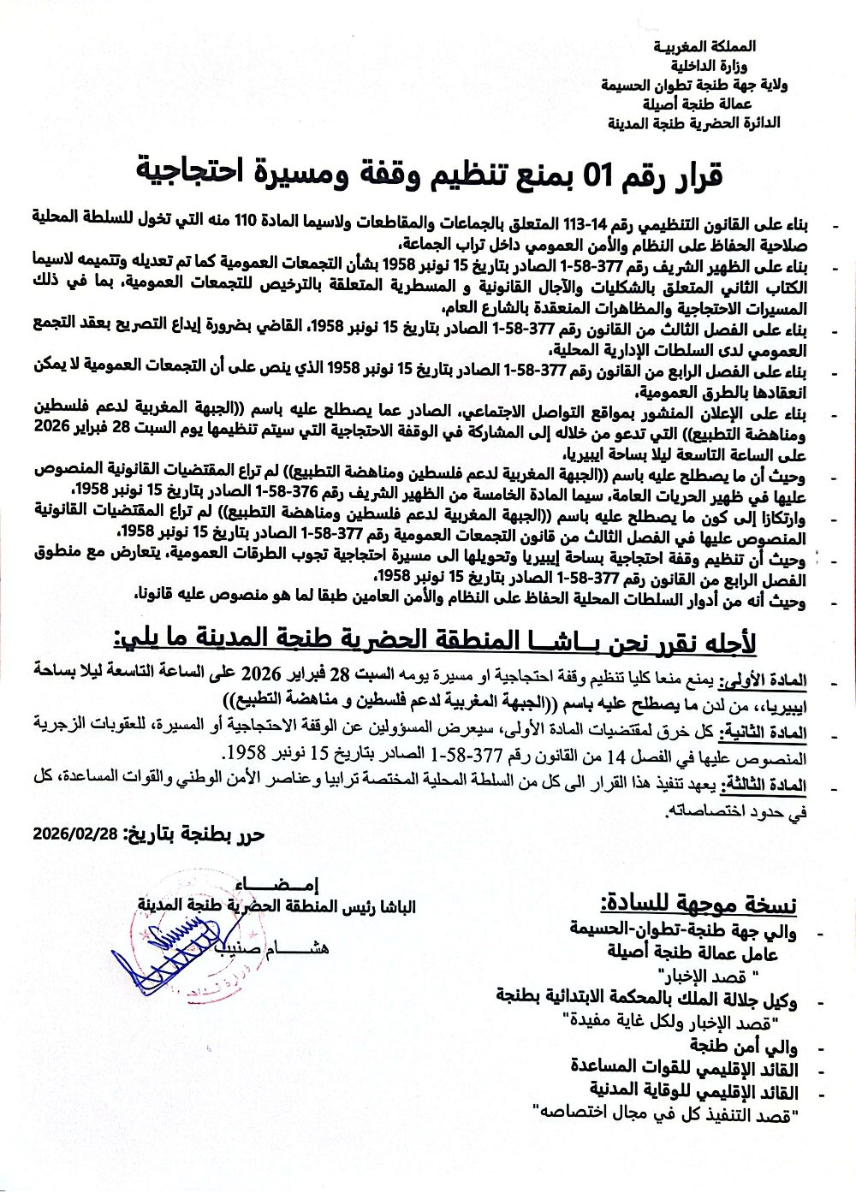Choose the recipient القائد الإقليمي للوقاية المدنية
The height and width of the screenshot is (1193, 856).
coord(693,1090)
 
